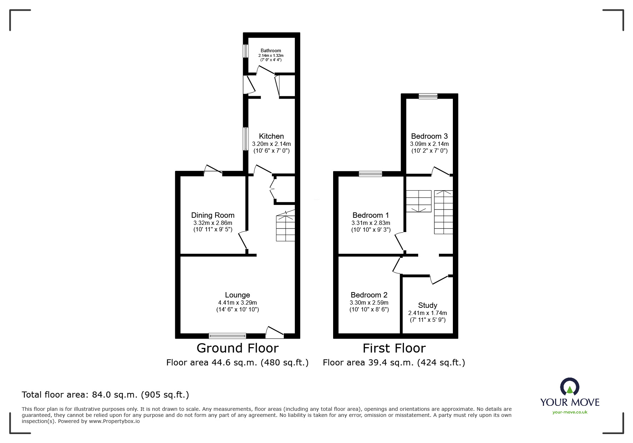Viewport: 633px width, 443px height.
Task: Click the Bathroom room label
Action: click(x=271, y=51)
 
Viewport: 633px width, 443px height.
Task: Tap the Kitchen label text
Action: click(x=271, y=136)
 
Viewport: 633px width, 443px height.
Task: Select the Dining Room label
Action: click(x=213, y=215)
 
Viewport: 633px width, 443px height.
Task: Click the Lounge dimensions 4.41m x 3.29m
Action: click(x=237, y=302)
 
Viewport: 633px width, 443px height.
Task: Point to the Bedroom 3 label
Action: click(x=429, y=136)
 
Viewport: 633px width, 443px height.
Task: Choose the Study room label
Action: click(x=427, y=305)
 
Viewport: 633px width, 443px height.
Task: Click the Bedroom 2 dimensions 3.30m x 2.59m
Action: click(x=369, y=302)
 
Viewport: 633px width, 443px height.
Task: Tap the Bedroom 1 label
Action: click(x=370, y=215)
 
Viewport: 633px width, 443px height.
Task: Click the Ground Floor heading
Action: click(x=237, y=348)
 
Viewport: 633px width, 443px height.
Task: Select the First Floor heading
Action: click(x=394, y=348)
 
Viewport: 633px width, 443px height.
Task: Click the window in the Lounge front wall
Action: click(x=227, y=336)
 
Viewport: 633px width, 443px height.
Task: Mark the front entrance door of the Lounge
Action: click(x=275, y=333)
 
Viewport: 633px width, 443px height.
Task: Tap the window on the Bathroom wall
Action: click(x=246, y=50)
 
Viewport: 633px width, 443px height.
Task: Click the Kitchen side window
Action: click(x=246, y=139)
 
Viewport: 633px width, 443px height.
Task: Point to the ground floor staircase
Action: click(x=286, y=227)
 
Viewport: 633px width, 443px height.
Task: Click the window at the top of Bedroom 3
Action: click(x=428, y=96)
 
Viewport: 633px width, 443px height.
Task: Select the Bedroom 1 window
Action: click(x=370, y=174)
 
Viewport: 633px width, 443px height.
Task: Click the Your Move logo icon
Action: click(x=569, y=387)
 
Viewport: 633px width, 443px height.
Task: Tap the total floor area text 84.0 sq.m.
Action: click(x=105, y=395)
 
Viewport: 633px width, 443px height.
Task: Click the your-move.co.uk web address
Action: click(x=570, y=412)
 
